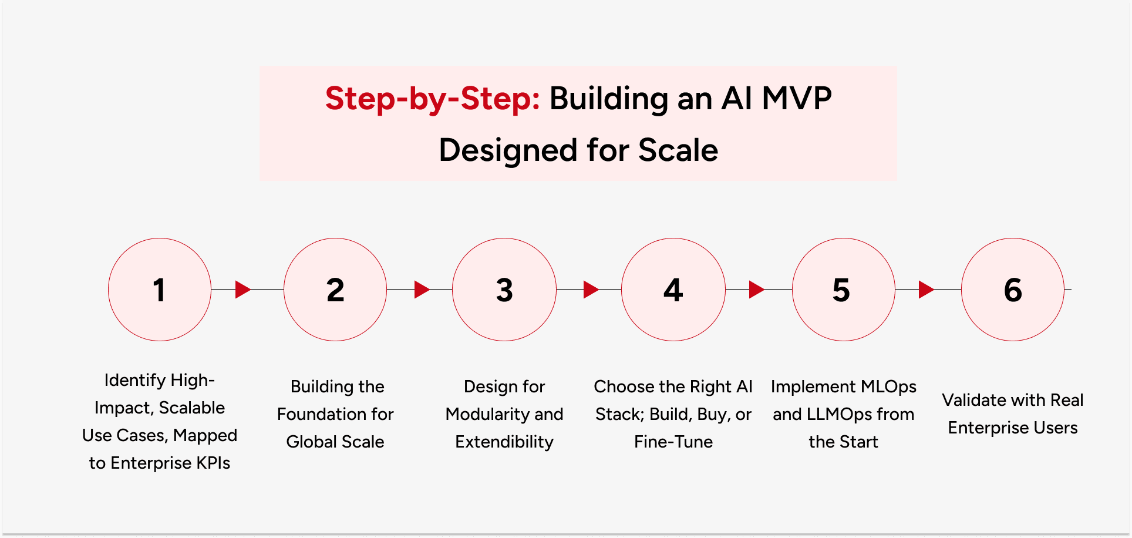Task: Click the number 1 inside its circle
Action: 159,290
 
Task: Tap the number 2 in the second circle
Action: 335,290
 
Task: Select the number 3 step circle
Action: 504,290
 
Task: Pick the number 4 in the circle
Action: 673,290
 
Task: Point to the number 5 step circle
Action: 841,290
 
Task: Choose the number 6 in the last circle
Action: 1013,290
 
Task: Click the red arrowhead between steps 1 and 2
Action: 242,289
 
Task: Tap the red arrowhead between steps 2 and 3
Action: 422,289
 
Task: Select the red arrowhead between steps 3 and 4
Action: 591,289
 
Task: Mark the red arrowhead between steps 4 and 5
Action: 756,289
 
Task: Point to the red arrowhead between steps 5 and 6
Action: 926,289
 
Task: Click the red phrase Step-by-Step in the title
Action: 432,99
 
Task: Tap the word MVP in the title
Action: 796,99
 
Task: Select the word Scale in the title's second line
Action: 678,150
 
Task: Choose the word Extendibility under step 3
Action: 504,442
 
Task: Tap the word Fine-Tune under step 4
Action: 673,442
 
